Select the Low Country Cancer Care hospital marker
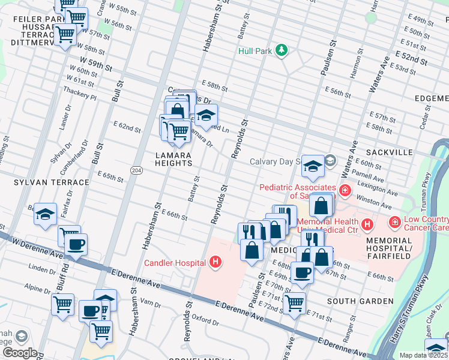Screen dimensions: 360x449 pyautogui.click(x=395, y=223)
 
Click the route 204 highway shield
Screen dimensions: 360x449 pyautogui.click(x=137, y=170)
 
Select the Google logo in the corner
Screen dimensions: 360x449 pyautogui.click(x=19, y=353)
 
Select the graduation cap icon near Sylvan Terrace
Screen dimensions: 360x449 pyautogui.click(x=45, y=214)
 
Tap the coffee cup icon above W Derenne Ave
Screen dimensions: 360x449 pyautogui.click(x=76, y=244)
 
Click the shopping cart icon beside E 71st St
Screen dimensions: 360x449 pyautogui.click(x=294, y=303)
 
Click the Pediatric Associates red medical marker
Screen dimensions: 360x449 pyautogui.click(x=345, y=191)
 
